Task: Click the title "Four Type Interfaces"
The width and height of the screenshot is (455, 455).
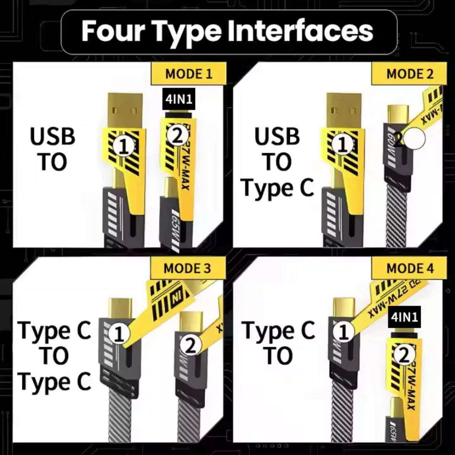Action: click(227, 31)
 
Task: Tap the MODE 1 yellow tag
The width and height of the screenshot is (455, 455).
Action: click(189, 74)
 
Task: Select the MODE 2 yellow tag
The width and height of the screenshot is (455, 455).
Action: click(409, 74)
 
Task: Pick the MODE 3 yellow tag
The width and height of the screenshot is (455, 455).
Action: click(188, 268)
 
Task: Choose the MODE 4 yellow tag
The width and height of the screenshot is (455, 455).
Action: click(409, 268)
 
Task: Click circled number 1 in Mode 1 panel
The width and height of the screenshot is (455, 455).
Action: click(123, 146)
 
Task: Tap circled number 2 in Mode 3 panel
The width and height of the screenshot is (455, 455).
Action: click(190, 346)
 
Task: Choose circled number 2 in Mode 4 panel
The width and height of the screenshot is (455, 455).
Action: click(404, 356)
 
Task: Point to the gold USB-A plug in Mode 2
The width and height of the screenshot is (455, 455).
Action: click(344, 109)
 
